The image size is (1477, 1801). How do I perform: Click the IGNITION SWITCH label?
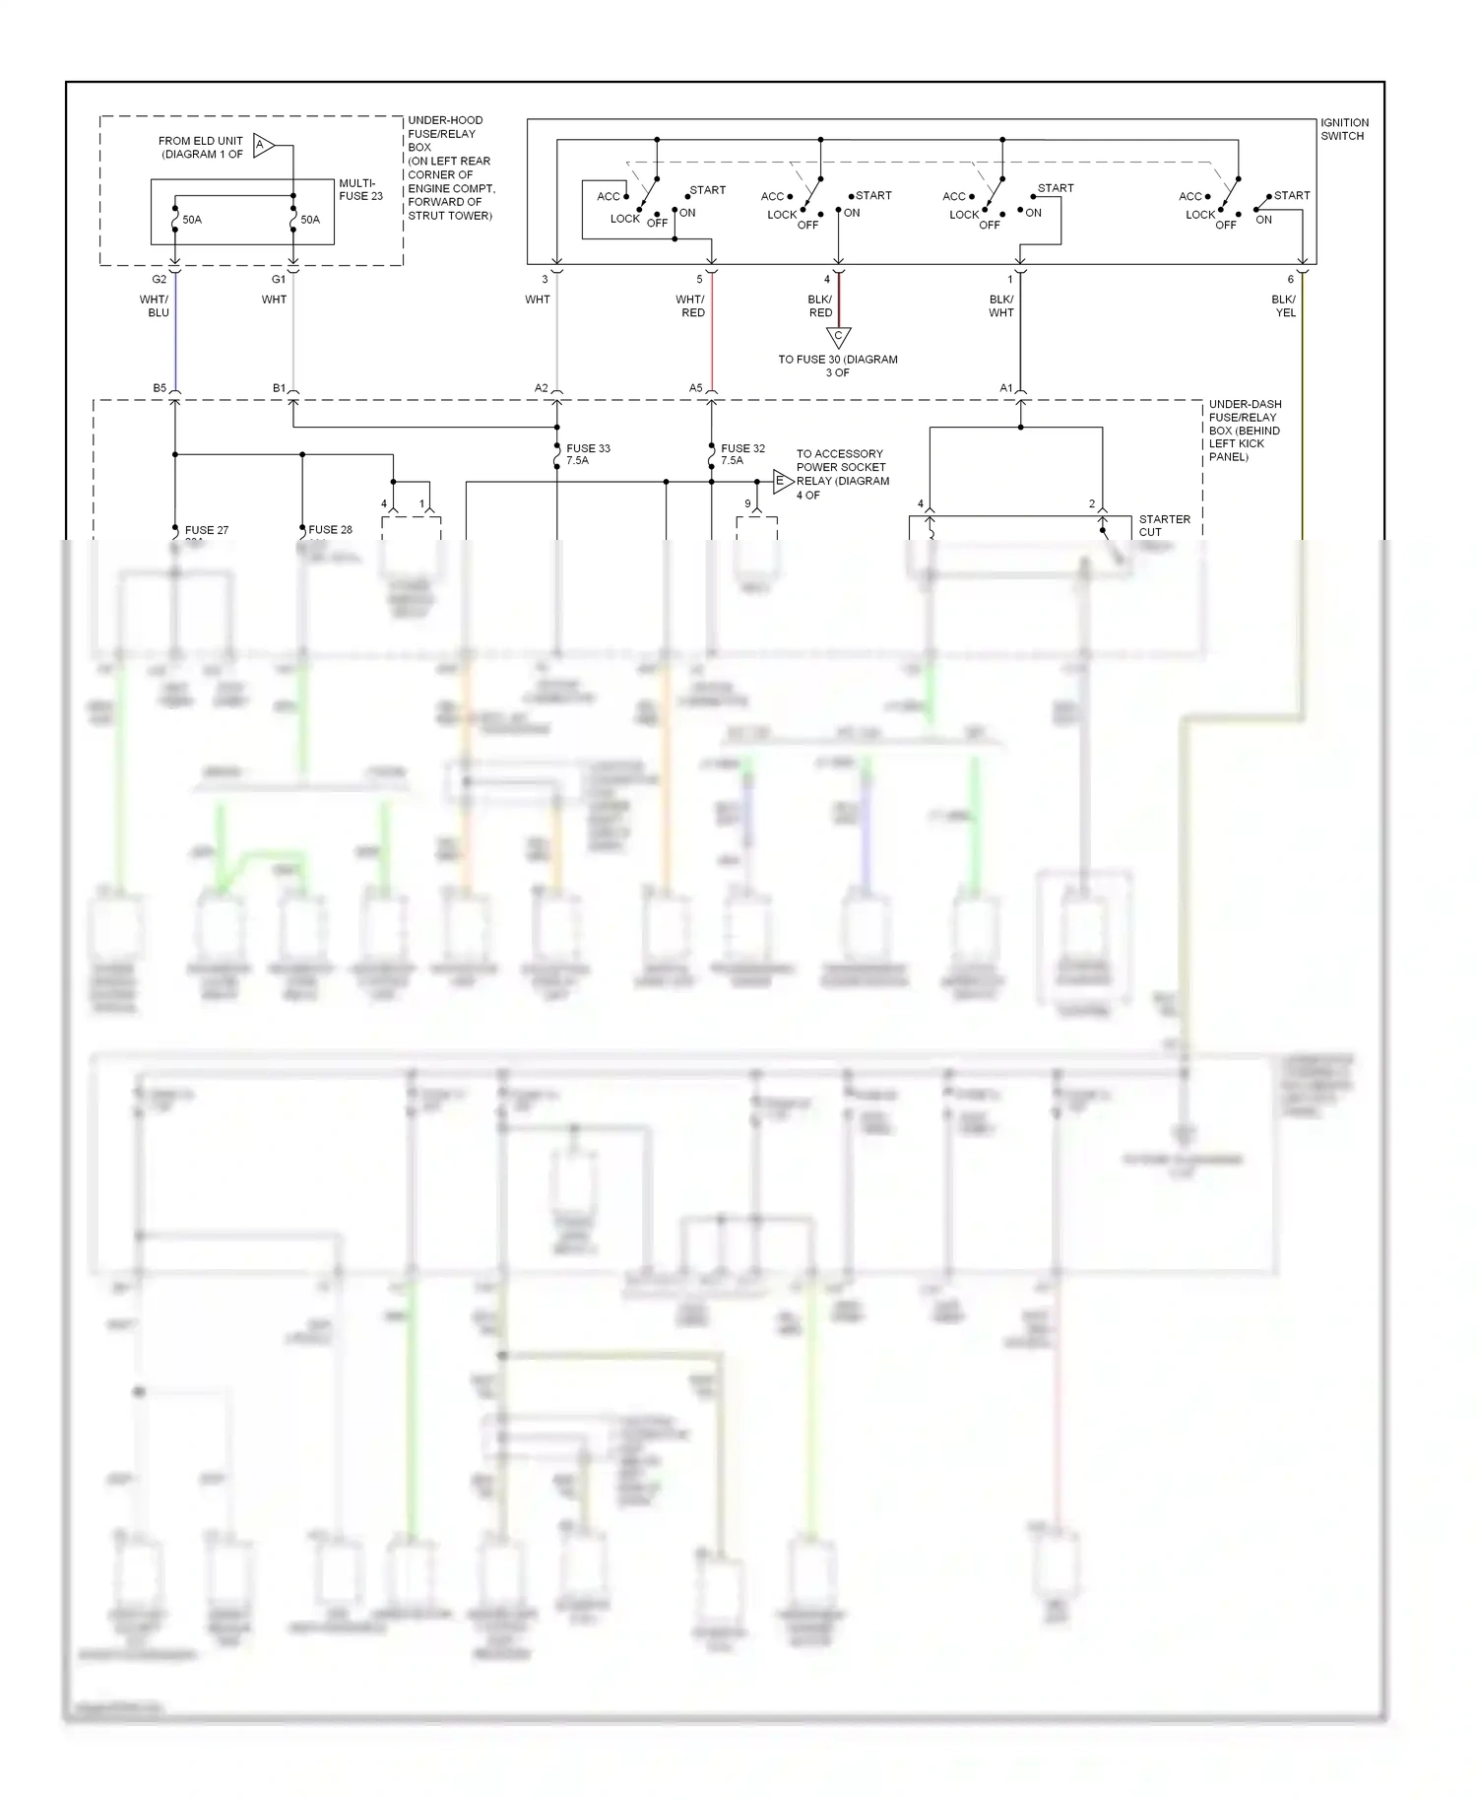(x=1344, y=129)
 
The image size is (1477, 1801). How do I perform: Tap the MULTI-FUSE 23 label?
(x=360, y=189)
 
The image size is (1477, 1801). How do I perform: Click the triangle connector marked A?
(x=263, y=146)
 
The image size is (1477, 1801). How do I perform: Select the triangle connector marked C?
(x=838, y=337)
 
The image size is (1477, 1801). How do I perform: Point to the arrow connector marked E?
(x=782, y=482)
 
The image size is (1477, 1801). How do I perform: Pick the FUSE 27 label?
(x=207, y=530)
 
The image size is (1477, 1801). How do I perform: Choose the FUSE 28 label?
(x=330, y=529)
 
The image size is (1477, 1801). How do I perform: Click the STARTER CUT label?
(x=1164, y=525)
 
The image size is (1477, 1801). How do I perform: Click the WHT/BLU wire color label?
(x=155, y=305)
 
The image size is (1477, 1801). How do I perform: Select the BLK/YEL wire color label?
(x=1284, y=305)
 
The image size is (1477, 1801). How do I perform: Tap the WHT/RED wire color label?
(x=690, y=305)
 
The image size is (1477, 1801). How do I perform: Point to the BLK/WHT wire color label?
(x=1000, y=305)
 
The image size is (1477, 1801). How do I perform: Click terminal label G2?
(x=160, y=279)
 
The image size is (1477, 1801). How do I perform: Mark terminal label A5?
(x=695, y=388)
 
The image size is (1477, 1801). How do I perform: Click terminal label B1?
(x=279, y=388)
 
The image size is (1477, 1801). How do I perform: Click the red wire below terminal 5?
(x=712, y=335)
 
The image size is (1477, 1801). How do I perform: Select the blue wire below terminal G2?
(x=175, y=335)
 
